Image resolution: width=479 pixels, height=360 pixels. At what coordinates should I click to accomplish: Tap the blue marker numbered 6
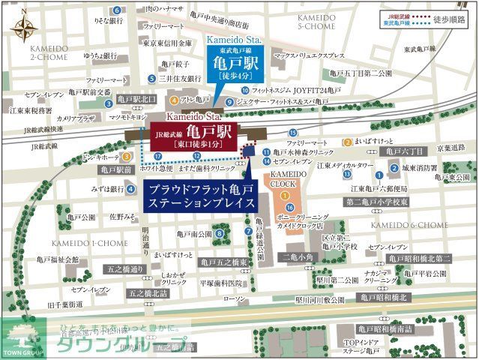coord(115,10)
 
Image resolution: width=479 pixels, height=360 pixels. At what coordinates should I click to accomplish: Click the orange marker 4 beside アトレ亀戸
coord(174,99)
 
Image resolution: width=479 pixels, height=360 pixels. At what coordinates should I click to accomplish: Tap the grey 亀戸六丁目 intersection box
coord(404,151)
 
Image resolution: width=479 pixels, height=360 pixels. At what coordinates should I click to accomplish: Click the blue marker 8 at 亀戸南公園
coord(219,234)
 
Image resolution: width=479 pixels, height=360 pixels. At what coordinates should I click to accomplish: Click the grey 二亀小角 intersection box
coord(298,256)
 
